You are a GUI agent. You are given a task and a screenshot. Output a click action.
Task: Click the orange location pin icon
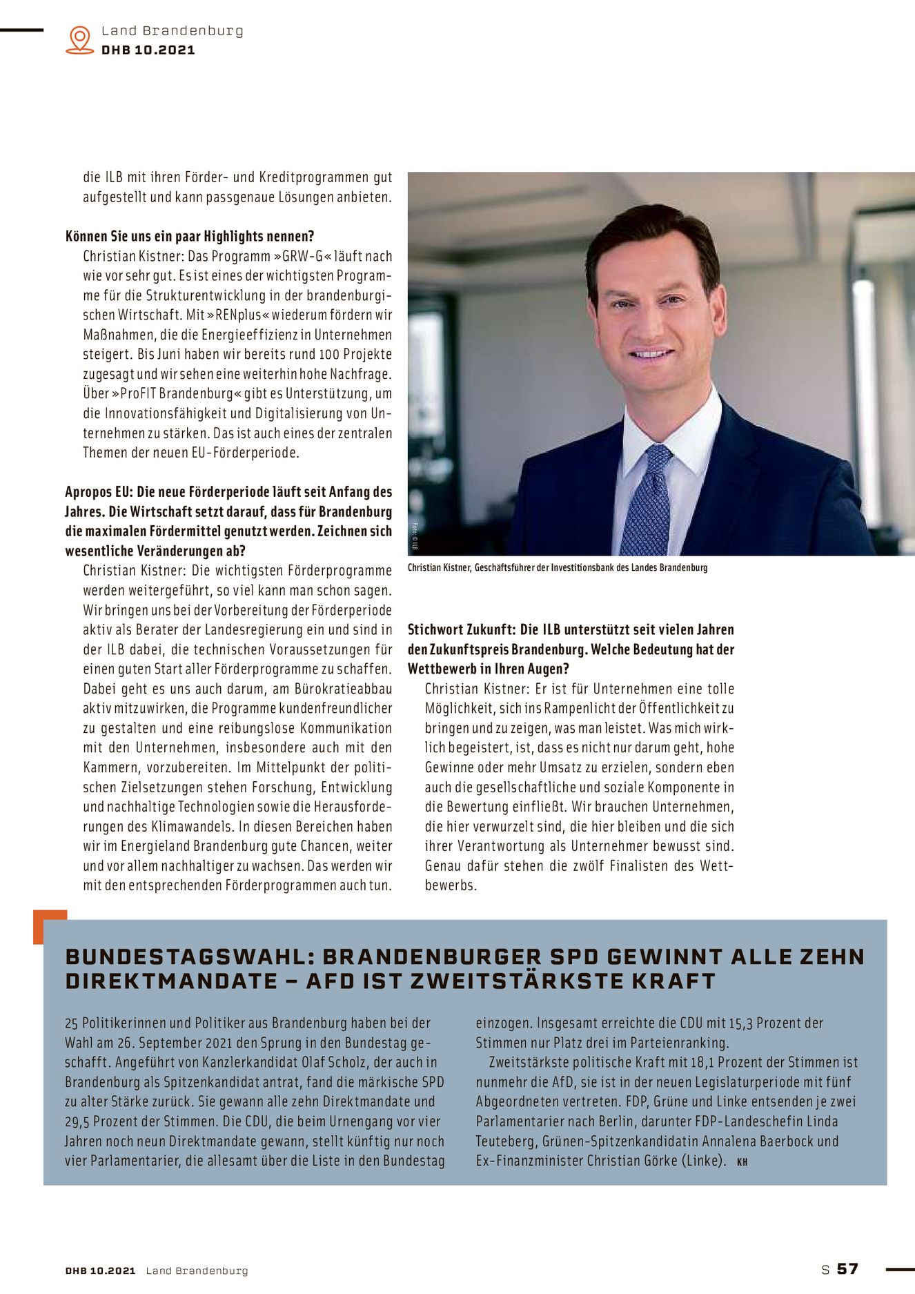click(80, 39)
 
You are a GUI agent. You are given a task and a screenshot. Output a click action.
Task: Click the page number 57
click(847, 1268)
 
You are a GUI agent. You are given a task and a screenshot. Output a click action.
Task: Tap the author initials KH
click(742, 1162)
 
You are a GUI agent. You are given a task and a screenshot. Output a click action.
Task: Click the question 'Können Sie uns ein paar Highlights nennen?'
click(190, 236)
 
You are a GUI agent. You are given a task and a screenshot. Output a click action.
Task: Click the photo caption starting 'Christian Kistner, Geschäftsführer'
click(557, 567)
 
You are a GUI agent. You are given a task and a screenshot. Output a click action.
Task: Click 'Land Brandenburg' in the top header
click(172, 30)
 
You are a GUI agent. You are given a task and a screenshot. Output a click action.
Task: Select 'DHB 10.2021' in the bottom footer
click(100, 1271)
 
